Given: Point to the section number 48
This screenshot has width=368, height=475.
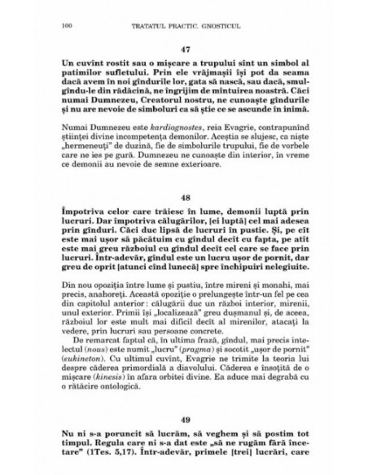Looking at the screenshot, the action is tap(184, 197).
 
